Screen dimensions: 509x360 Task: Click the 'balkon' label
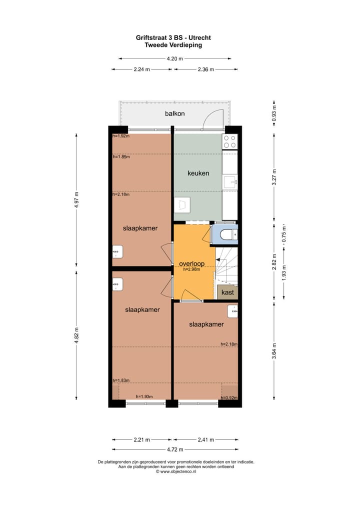click(x=175, y=113)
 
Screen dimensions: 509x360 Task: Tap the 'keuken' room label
click(x=198, y=173)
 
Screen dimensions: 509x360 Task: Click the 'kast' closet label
click(x=227, y=292)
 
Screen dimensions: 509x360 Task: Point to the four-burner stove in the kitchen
click(x=230, y=141)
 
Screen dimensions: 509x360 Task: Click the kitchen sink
click(x=229, y=181)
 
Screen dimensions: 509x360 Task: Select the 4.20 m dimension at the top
click(x=174, y=58)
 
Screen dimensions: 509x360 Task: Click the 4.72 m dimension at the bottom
click(x=174, y=449)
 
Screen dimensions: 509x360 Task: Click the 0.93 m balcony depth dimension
click(x=273, y=113)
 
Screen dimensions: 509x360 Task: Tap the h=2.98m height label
click(x=191, y=269)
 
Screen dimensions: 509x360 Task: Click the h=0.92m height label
click(x=229, y=398)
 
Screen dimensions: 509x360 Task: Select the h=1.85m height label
click(x=121, y=157)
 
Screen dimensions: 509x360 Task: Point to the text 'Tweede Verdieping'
click(x=173, y=44)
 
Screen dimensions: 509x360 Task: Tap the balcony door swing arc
click(x=213, y=117)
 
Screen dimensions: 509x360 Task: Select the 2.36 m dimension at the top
click(x=205, y=69)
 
